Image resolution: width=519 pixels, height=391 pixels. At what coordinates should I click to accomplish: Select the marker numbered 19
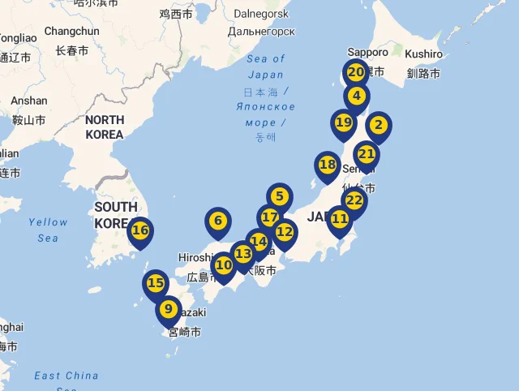(344, 123)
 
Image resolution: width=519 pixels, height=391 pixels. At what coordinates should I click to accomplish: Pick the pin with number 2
(378, 126)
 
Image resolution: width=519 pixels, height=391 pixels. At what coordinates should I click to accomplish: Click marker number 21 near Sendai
(367, 154)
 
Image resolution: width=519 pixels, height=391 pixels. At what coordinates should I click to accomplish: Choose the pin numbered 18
(328, 165)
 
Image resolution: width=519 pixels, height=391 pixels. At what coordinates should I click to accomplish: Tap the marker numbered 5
(279, 196)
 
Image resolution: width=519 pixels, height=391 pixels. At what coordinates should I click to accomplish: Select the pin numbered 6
(217, 221)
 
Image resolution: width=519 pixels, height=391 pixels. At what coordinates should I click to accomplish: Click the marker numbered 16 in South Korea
(140, 230)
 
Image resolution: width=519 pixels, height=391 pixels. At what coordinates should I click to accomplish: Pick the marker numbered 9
(169, 309)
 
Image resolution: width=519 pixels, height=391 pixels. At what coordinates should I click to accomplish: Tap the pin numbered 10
(224, 264)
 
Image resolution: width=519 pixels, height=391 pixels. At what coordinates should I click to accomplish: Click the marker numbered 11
(340, 219)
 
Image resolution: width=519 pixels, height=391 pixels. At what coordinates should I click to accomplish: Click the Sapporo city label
(367, 52)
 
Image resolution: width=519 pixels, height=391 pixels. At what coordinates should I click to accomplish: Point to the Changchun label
(71, 32)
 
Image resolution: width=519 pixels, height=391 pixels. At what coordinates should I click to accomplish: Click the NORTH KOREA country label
(105, 127)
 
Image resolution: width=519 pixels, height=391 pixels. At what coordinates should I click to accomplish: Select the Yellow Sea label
(48, 230)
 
